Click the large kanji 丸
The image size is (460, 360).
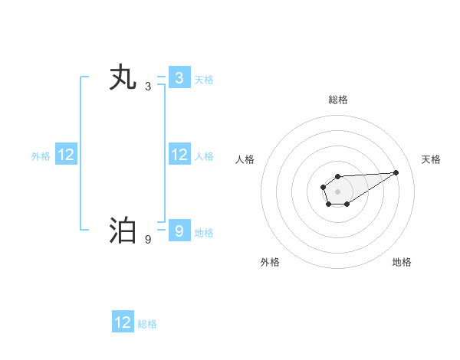tap(123, 78)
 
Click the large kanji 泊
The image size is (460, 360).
tap(123, 231)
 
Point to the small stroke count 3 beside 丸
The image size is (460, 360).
tap(148, 87)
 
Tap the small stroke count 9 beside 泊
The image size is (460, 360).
tap(148, 240)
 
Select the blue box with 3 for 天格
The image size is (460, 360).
tap(179, 78)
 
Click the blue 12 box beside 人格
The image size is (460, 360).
tap(179, 155)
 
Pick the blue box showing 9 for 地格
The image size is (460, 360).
tap(179, 231)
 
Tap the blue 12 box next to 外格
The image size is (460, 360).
tap(66, 155)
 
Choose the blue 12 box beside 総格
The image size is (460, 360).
tap(123, 322)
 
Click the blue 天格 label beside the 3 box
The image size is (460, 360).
tap(204, 79)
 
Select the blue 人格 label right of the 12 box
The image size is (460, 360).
tap(204, 155)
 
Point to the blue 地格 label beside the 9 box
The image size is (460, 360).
tap(204, 232)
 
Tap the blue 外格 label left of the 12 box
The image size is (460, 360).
tap(41, 155)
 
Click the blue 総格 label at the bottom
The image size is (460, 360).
tap(147, 323)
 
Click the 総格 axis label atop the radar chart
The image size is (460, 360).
tap(337, 100)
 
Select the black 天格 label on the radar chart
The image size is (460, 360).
tap(431, 159)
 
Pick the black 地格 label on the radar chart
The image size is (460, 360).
tap(402, 262)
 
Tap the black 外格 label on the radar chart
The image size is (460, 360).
tap(270, 262)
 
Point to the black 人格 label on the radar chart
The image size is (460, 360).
tap(245, 159)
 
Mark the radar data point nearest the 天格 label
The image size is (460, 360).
tap(396, 172)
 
